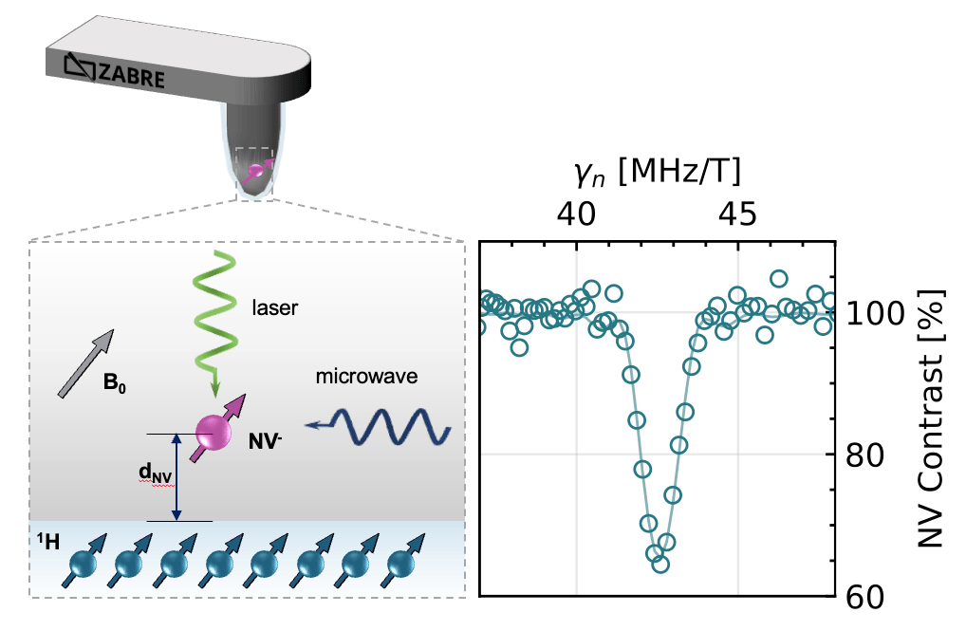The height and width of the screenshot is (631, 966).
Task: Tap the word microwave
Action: [x=365, y=378]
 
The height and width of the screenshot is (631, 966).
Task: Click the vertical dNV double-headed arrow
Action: [x=176, y=477]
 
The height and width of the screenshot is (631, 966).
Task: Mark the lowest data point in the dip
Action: [x=660, y=564]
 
